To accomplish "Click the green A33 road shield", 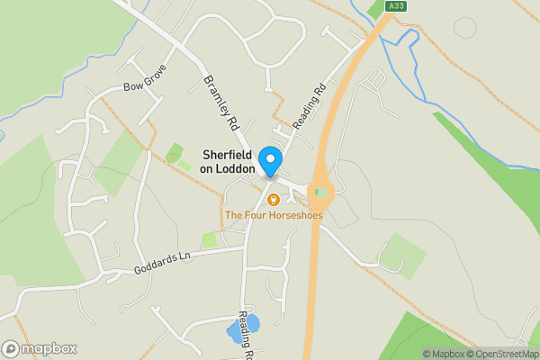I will [x=394, y=6].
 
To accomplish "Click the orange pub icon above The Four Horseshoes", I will [x=273, y=199].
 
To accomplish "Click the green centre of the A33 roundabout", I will [x=320, y=192].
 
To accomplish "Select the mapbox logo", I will [x=39, y=348].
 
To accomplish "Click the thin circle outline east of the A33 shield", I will [x=465, y=27].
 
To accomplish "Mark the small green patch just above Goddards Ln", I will [x=211, y=240].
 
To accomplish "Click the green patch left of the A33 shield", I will [x=376, y=11].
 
